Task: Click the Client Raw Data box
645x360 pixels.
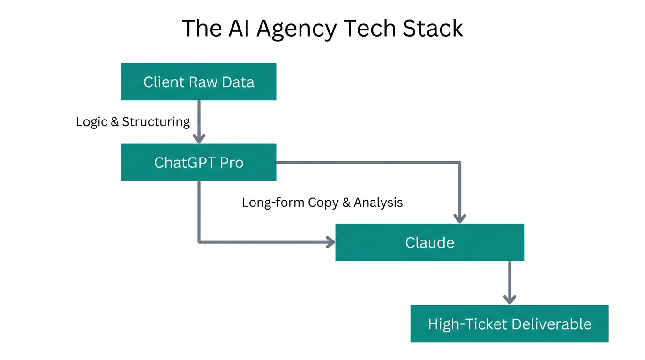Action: pos(199,82)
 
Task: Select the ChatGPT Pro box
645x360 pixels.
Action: pos(199,163)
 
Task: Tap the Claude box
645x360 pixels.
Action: pos(429,242)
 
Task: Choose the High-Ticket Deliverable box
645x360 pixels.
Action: pos(510,324)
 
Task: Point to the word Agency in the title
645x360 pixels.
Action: pos(296,29)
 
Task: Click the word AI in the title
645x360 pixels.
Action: pos(239,28)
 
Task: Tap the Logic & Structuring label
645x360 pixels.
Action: pos(133,122)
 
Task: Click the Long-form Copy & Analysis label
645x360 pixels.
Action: pos(322,202)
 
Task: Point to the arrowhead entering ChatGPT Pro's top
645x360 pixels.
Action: pos(199,139)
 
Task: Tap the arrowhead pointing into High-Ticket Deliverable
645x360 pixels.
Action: pos(510,300)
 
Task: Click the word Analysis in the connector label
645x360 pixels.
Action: pos(378,202)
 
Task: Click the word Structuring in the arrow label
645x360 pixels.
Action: pos(156,122)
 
